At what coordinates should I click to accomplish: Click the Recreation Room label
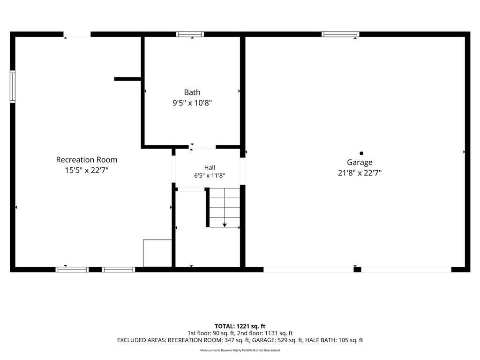87,160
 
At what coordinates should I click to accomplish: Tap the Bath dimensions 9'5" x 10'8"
192,103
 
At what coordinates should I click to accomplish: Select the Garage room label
360,163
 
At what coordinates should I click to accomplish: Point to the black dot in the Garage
361,153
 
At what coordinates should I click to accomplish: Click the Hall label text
210,167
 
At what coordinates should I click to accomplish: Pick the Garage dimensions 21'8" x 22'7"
360,173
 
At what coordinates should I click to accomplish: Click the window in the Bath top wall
190,34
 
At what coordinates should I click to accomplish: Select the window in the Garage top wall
340,34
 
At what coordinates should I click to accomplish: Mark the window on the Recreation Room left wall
13,87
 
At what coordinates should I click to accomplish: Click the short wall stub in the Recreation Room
127,79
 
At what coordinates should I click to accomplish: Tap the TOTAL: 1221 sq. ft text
240,326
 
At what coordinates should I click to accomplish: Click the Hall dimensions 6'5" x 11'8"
210,175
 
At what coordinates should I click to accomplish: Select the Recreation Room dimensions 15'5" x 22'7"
87,170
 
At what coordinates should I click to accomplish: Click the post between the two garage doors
357,270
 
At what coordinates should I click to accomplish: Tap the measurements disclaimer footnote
240,350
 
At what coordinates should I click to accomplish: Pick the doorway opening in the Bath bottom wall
202,147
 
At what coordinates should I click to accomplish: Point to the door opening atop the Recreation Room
77,34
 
